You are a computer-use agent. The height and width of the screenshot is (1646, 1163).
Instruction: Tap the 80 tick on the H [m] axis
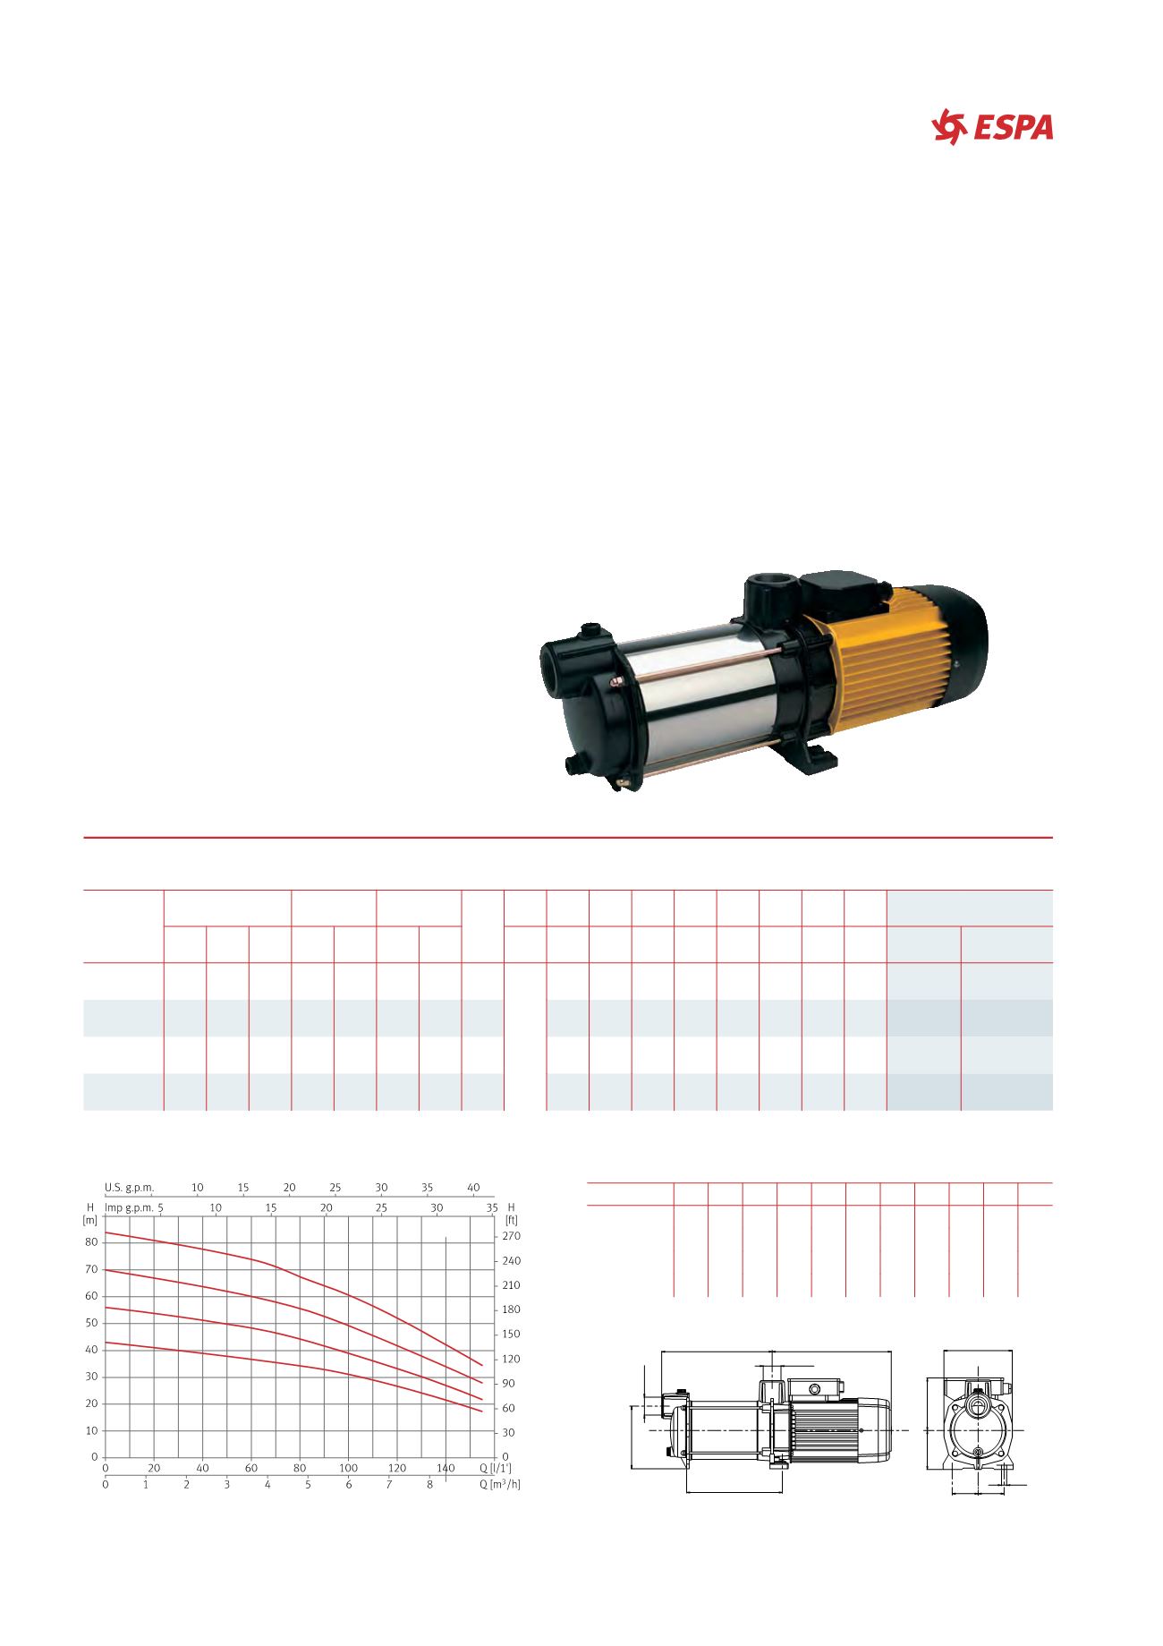click(92, 1242)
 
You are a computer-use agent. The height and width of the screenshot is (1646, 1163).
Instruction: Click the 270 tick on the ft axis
click(512, 1236)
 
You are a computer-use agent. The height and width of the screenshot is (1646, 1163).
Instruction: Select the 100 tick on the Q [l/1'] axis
click(348, 1468)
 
